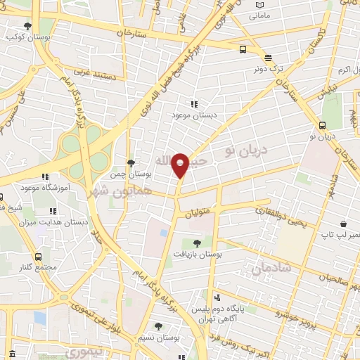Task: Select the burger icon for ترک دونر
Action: pyautogui.click(x=268, y=58)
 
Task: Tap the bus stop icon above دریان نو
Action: pyautogui.click(x=322, y=125)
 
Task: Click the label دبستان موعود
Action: pyautogui.click(x=193, y=114)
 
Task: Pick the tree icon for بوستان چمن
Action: pyautogui.click(x=131, y=162)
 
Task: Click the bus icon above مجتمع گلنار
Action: pyautogui.click(x=38, y=257)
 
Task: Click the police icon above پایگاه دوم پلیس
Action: pyautogui.click(x=217, y=297)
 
